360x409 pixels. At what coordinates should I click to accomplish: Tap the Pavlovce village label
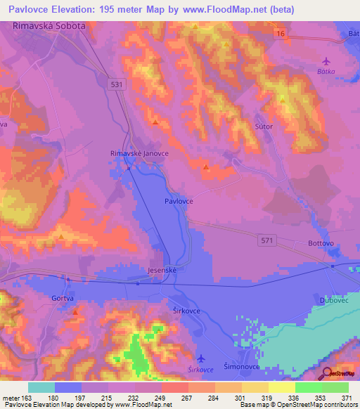(179, 201)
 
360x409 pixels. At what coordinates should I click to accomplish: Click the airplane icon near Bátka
(325, 61)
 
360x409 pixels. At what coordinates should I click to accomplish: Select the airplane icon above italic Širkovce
(202, 357)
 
